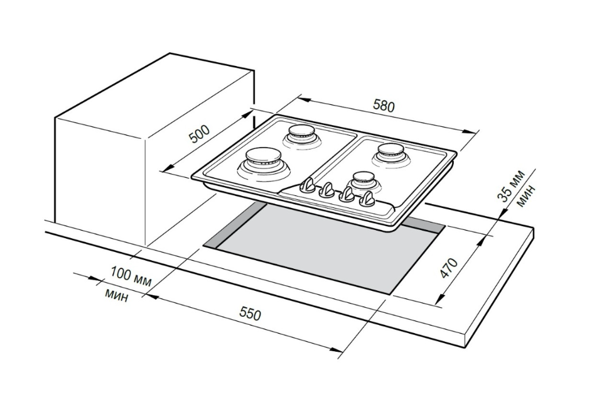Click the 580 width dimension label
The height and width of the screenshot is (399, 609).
coord(384,106)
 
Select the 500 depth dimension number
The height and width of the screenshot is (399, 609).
coord(200,134)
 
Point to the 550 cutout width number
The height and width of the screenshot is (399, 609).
coord(249,313)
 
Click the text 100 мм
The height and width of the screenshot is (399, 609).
coord(131,276)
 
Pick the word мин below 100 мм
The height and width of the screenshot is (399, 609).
coord(117,294)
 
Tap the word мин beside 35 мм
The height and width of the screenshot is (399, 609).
coord(525,195)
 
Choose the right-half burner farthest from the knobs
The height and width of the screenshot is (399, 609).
coord(392,152)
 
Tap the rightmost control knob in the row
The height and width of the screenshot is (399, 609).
coord(368,200)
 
